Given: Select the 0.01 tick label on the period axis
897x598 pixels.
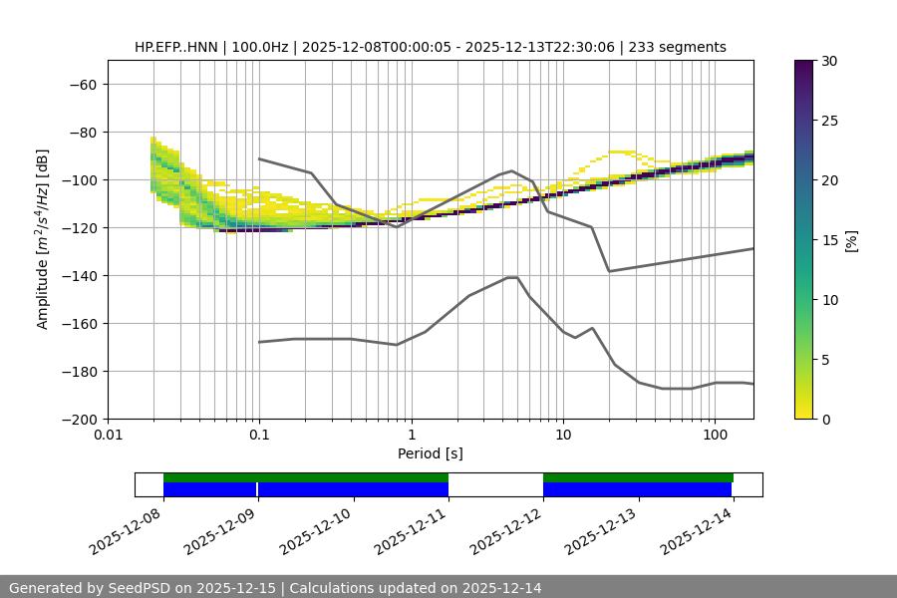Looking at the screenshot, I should (x=108, y=436).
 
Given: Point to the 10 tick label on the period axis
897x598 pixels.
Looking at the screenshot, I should (x=563, y=436).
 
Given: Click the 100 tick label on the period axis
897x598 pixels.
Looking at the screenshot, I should (x=715, y=436).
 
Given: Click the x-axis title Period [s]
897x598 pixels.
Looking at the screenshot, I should (x=430, y=453).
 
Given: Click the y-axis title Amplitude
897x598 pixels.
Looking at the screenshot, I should (x=43, y=239).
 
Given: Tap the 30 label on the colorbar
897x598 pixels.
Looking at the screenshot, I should (x=829, y=61).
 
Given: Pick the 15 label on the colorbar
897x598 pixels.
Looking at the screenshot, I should (x=829, y=240).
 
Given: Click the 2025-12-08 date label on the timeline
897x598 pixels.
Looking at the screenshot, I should (x=128, y=529).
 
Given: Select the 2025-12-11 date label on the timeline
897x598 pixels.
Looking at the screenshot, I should (x=413, y=529).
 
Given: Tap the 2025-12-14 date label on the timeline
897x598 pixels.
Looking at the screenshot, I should (x=699, y=529).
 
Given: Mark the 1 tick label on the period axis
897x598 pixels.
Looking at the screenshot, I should (x=412, y=436).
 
